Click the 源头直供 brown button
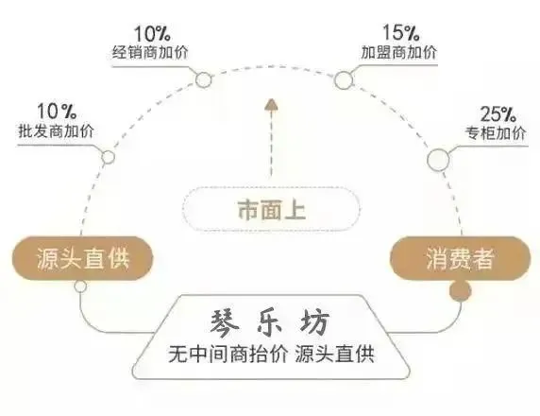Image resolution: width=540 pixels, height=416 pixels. (x=82, y=258)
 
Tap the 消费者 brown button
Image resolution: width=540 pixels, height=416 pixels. (x=460, y=258)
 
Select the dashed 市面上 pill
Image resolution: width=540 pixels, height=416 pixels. (x=271, y=209)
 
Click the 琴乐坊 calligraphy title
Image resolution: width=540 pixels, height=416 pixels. (x=270, y=322)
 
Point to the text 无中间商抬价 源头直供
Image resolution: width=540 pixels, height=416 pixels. (x=271, y=355)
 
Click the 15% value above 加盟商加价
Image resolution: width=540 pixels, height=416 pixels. (x=401, y=32)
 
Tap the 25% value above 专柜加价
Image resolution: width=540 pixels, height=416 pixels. (x=498, y=113)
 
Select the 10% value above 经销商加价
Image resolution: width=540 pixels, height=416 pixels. (x=152, y=33)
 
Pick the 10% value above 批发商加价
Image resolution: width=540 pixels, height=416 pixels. (x=57, y=111)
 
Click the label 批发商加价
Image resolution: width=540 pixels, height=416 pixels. (x=56, y=131)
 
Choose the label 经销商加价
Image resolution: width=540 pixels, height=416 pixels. (x=150, y=52)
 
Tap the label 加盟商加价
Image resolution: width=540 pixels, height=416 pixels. (x=399, y=52)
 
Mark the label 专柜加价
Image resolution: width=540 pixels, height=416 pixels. (x=496, y=132)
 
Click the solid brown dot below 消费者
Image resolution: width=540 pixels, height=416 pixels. (x=460, y=291)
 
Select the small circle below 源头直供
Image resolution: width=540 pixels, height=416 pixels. (x=80, y=286)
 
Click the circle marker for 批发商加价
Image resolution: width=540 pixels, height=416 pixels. (x=109, y=157)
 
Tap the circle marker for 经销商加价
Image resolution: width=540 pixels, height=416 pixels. (x=204, y=80)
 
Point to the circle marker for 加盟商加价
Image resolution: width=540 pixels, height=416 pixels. (x=344, y=80)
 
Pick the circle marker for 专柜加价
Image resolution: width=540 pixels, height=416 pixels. (x=438, y=160)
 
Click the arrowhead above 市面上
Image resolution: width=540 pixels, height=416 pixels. (x=271, y=105)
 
